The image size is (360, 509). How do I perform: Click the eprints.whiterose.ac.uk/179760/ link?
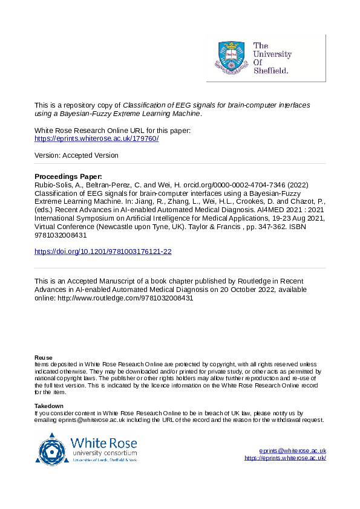[x=97, y=138]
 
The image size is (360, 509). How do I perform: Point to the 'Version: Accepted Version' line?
[x=76, y=155]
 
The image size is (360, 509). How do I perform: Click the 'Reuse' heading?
[x=43, y=358]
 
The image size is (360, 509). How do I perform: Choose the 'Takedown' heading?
[x=49, y=406]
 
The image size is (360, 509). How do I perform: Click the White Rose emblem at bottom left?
[x=53, y=448]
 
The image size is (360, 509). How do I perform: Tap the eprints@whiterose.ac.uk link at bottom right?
[x=292, y=451]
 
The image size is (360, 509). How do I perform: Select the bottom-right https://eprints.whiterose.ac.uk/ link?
[x=285, y=458]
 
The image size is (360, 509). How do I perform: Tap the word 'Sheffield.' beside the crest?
[x=270, y=70]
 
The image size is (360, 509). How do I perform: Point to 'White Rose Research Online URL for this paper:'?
[x=113, y=131]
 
